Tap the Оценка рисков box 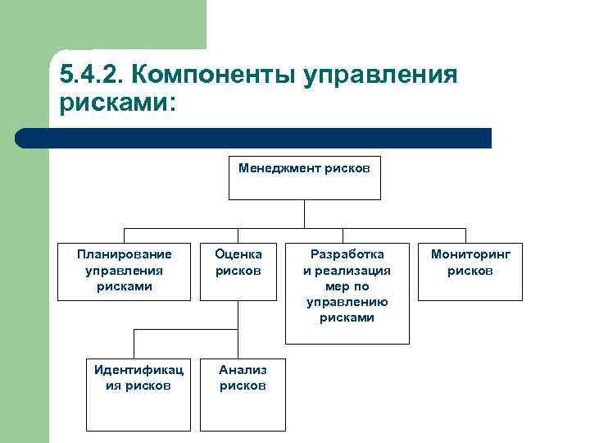238,271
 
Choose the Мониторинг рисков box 470,271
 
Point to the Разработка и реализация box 347,293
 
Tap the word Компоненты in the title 213,75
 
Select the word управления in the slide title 380,75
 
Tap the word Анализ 243,370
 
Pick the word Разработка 347,254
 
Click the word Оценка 238,254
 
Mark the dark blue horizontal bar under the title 254,138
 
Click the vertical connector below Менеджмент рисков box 304,213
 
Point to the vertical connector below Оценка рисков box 238,314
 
